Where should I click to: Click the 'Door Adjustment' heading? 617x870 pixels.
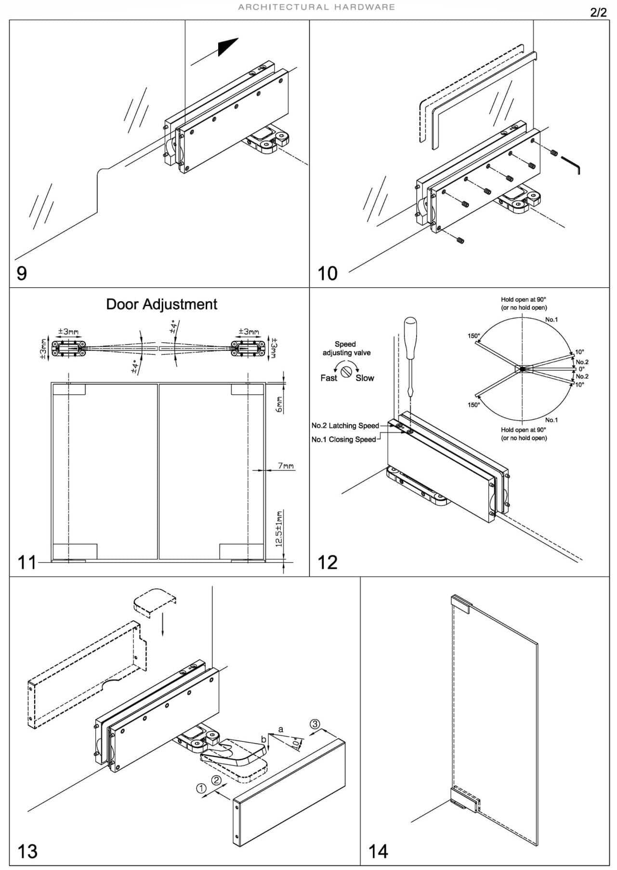tap(161, 304)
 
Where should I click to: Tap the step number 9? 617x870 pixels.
tap(22, 273)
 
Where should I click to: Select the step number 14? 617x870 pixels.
tap(378, 851)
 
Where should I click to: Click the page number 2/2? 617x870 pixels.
tap(598, 13)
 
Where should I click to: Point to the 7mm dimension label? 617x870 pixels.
tap(286, 466)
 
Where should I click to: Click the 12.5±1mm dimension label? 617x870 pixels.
tap(279, 529)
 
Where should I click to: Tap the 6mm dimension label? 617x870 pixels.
tap(279, 404)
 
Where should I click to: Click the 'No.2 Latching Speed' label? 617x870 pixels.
tap(345, 426)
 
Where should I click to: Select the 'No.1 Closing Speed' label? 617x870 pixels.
tap(343, 440)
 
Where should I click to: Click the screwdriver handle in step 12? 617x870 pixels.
tap(410, 337)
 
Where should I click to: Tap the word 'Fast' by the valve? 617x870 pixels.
tap(328, 378)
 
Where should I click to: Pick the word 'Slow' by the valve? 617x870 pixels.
tap(365, 378)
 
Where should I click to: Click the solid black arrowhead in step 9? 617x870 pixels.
tap(227, 46)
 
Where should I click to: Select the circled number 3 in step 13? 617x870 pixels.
tap(315, 724)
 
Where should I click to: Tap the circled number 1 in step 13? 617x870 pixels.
tap(201, 788)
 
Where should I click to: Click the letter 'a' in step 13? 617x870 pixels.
tap(281, 730)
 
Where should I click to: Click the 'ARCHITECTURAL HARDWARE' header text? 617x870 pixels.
tap(316, 7)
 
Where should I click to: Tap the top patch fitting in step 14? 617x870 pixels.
tap(460, 603)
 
